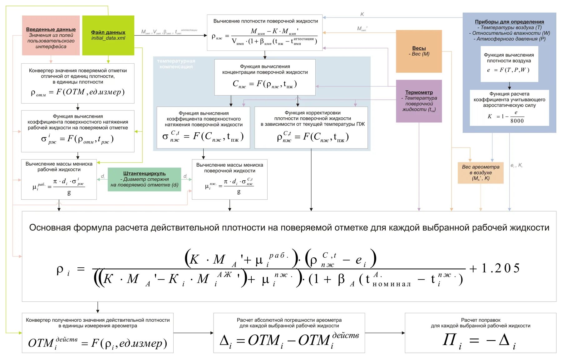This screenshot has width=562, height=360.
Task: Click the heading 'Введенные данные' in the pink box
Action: click(51, 29)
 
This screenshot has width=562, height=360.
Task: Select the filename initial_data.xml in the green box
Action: click(108, 38)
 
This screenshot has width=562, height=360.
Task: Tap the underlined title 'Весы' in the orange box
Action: click(419, 48)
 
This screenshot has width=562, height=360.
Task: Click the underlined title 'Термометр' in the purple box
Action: click(419, 92)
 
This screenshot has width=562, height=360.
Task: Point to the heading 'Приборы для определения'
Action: click(509, 22)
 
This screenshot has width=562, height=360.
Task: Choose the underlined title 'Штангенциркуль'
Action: click(144, 173)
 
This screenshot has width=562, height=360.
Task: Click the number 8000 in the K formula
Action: click(517, 121)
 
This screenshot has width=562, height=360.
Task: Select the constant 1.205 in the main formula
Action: click(501, 268)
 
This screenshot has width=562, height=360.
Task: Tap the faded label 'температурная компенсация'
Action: click(176, 64)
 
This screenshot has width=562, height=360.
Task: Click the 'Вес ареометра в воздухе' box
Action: click(481, 173)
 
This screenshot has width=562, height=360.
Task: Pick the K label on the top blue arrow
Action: click(362, 14)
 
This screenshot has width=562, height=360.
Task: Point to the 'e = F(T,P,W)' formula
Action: click(509, 70)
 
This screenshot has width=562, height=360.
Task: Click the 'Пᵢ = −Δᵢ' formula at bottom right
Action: click(479, 341)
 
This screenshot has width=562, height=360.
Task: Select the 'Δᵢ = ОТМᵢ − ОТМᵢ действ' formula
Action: click(289, 340)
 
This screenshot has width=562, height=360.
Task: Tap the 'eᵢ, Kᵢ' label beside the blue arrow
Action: click(516, 165)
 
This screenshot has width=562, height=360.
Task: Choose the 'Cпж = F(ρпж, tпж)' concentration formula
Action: click(265, 84)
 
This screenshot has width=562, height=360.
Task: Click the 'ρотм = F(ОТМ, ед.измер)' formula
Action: click(78, 92)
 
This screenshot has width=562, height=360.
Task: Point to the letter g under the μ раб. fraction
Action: click(69, 192)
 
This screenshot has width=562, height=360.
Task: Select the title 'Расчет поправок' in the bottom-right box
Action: click(481, 320)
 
